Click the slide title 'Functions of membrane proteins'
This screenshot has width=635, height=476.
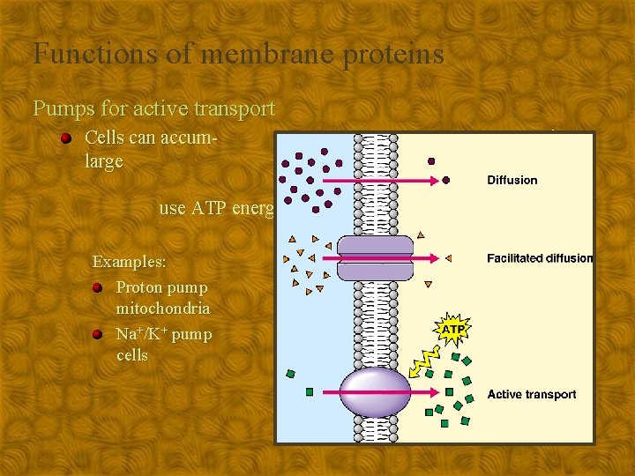pyautogui.click(x=238, y=55)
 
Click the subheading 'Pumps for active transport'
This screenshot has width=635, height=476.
pyautogui.click(x=154, y=109)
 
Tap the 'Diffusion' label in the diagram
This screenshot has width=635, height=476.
pyautogui.click(x=512, y=180)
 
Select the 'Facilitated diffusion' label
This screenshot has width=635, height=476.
pyautogui.click(x=539, y=258)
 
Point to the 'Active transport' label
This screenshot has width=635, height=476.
pyautogui.click(x=531, y=394)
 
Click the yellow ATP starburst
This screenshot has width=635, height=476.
pyautogui.click(x=452, y=330)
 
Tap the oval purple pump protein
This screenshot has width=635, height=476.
pyautogui.click(x=375, y=392)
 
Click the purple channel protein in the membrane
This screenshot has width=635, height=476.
pyautogui.click(x=375, y=258)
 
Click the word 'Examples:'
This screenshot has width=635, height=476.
pyautogui.click(x=130, y=263)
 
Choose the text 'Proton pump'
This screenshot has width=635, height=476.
pyautogui.click(x=162, y=287)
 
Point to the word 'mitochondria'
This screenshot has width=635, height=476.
pyautogui.click(x=163, y=309)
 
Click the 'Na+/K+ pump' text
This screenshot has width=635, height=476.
pyautogui.click(x=164, y=334)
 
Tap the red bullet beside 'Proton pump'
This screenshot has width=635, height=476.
pyautogui.click(x=98, y=288)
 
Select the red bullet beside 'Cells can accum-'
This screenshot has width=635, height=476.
pyautogui.click(x=66, y=139)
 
